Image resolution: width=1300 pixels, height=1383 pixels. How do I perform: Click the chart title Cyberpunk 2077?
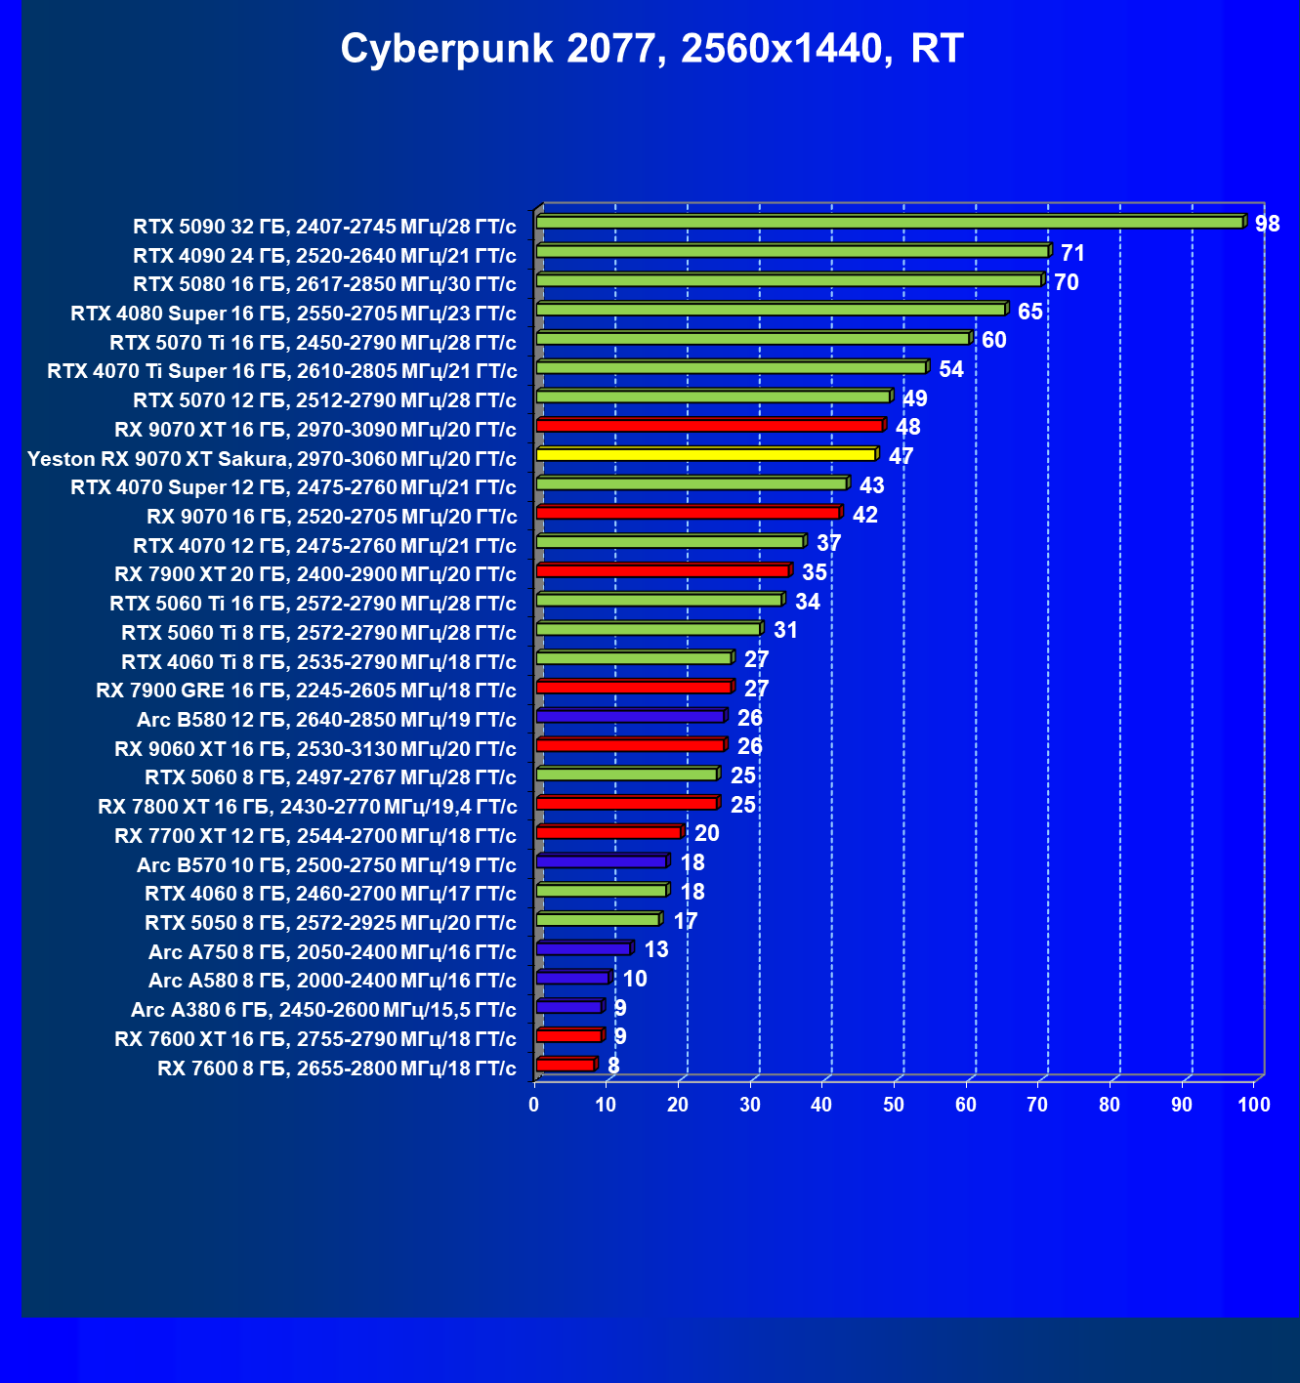click(x=651, y=49)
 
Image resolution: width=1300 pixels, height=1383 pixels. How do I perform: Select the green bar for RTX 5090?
click(x=889, y=223)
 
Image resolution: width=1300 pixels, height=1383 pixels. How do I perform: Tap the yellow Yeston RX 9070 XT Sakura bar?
click(x=705, y=455)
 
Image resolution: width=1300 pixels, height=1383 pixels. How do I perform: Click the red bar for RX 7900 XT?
click(x=662, y=570)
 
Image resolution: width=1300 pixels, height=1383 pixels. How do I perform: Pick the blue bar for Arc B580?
click(x=630, y=716)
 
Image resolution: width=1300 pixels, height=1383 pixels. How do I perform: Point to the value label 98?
click(x=1267, y=225)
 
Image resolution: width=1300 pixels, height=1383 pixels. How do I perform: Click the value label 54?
click(x=950, y=369)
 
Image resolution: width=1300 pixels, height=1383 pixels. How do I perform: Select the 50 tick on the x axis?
click(x=894, y=1105)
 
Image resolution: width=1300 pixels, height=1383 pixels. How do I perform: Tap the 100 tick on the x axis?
click(x=1254, y=1105)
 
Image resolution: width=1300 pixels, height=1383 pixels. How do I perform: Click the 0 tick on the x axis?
click(x=534, y=1105)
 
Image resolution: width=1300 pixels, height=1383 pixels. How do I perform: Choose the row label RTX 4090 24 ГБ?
click(x=324, y=256)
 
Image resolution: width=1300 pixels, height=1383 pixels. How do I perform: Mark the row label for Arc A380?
click(x=323, y=1010)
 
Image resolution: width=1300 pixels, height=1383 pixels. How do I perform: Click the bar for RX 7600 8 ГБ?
click(x=565, y=1065)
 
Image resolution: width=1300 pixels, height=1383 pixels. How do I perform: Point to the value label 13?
click(x=656, y=949)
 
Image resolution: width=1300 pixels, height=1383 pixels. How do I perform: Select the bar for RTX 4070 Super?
click(x=691, y=483)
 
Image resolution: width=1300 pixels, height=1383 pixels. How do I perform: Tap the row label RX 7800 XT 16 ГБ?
click(x=307, y=807)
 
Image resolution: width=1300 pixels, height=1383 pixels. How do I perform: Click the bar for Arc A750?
click(x=583, y=948)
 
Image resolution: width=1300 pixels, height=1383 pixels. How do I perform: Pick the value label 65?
click(x=1029, y=312)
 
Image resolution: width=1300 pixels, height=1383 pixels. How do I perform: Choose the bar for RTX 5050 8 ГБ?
click(x=598, y=919)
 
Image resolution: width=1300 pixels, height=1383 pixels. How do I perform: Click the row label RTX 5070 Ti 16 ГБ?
click(x=313, y=343)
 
